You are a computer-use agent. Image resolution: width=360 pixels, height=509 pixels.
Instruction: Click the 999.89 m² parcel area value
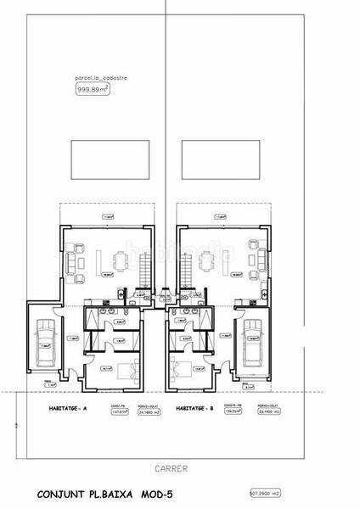(x=93, y=88)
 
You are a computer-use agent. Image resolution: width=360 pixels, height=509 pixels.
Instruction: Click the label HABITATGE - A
(x=65, y=408)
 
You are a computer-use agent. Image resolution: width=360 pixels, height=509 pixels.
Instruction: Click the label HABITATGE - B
(x=196, y=408)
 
